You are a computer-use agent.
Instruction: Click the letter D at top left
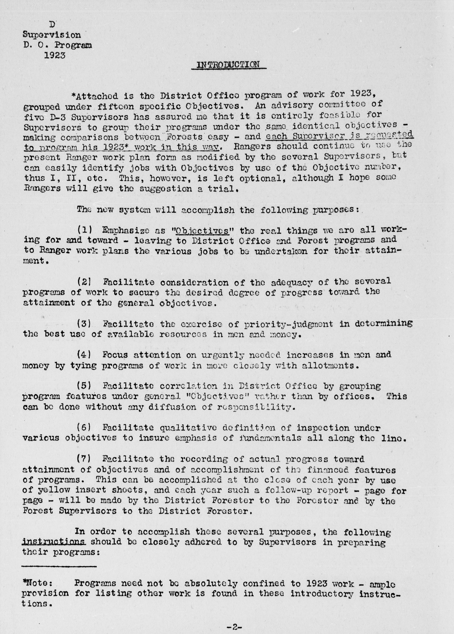(52, 25)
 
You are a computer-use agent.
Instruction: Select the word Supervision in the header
(52, 35)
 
